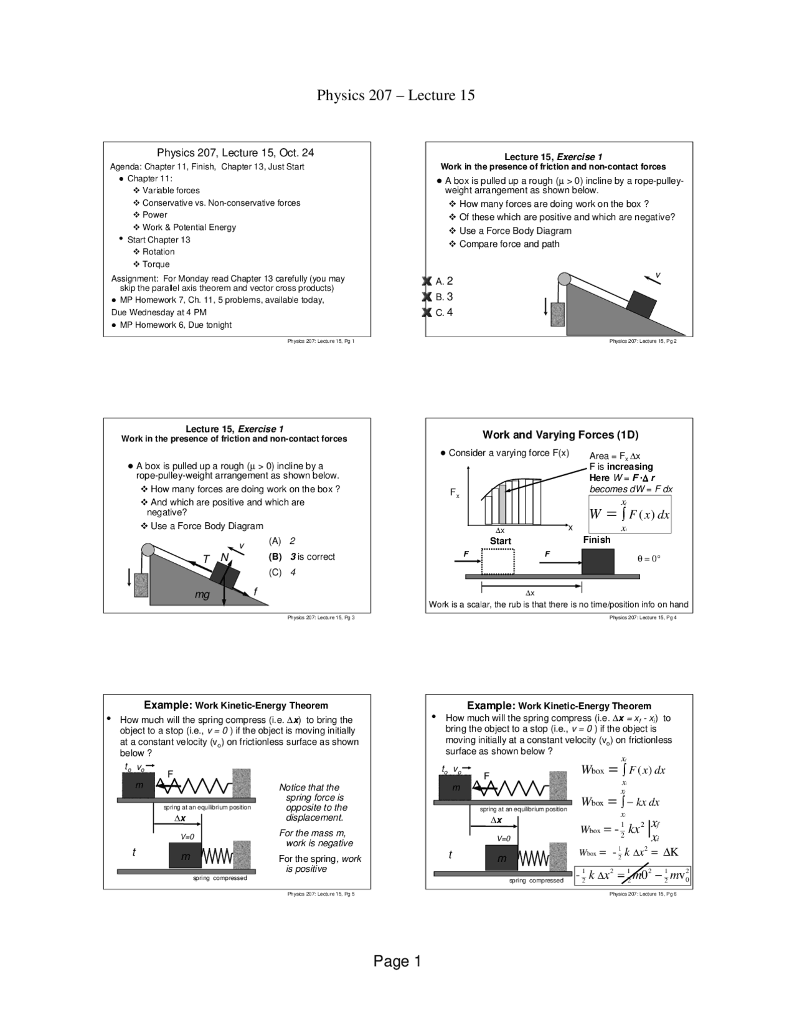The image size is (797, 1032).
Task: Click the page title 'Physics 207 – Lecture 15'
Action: pos(395,95)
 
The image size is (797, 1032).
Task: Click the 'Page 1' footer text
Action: pos(397,961)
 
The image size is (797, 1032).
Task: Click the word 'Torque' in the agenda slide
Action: pos(156,264)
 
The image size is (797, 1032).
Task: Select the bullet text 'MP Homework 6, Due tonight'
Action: pos(176,325)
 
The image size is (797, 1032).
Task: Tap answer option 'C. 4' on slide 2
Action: pos(444,312)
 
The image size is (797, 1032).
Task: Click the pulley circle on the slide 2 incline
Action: pos(564,279)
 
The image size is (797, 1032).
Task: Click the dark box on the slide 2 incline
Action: pos(641,303)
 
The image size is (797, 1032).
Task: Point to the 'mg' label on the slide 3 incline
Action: pos(202,595)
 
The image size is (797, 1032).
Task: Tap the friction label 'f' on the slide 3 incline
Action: pos(255,591)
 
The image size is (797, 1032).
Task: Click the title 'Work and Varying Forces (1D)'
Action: pos(560,435)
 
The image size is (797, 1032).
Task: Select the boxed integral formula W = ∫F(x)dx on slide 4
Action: pos(630,515)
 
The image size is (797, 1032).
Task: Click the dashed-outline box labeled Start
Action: pos(498,561)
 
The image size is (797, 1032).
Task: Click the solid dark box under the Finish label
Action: pos(598,561)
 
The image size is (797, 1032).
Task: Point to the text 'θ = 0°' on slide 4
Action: pos(649,559)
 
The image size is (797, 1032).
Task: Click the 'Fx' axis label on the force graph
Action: pos(455,493)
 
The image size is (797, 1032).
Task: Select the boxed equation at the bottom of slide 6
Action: pos(633,876)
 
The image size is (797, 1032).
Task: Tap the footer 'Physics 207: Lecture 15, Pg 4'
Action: pos(643,618)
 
